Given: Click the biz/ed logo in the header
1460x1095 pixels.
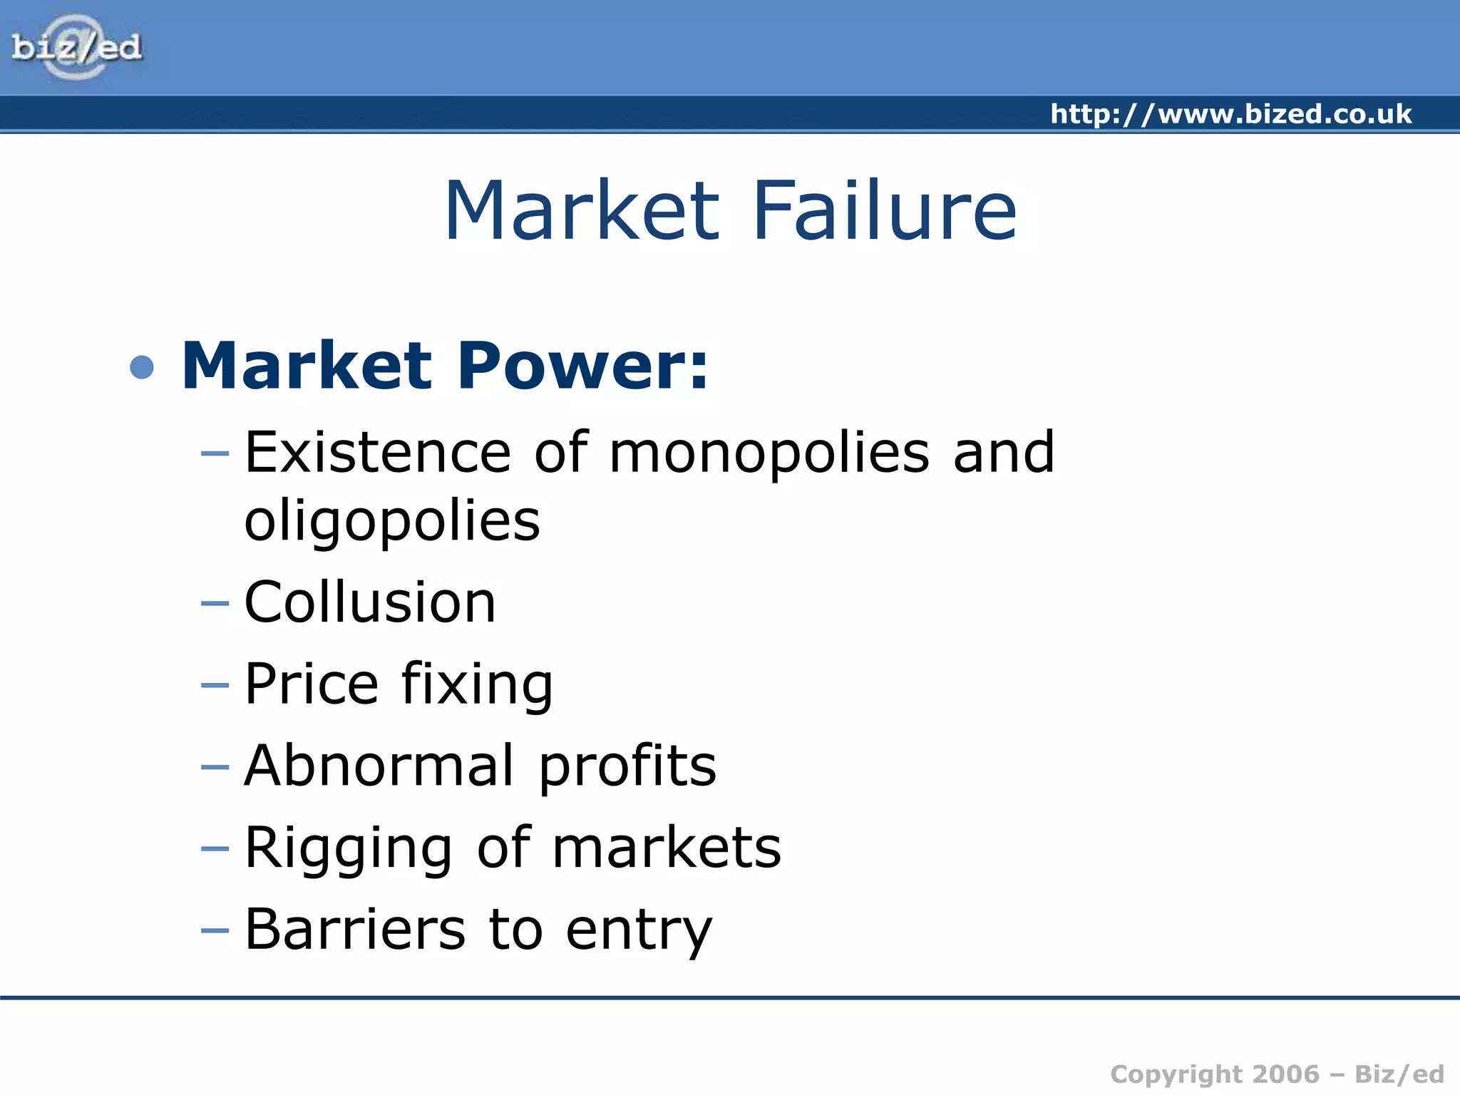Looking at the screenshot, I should click(x=76, y=47).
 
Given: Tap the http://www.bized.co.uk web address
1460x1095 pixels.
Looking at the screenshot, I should click(x=1230, y=114).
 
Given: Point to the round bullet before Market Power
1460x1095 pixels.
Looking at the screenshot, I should click(x=143, y=367).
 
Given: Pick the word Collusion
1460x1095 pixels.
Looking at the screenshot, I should click(x=369, y=602).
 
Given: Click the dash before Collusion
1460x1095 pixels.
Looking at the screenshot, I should click(x=215, y=604).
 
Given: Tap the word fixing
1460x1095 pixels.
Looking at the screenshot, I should click(x=477, y=684).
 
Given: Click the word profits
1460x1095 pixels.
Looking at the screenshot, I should click(x=627, y=766).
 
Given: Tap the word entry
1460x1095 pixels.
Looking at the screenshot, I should click(x=639, y=930).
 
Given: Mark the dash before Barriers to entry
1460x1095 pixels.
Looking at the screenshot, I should click(x=215, y=930).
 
